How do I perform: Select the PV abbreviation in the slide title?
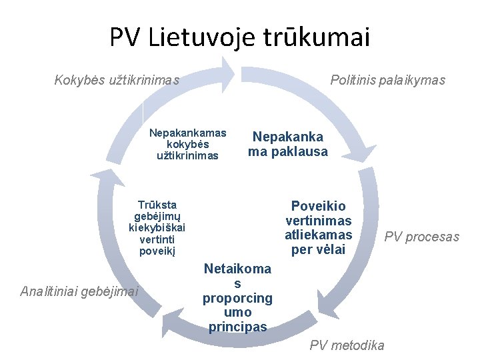pyautogui.click(x=125, y=38)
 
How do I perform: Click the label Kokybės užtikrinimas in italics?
pyautogui.click(x=117, y=81)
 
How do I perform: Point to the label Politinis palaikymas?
pyautogui.click(x=388, y=81)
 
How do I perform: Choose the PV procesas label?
pyautogui.click(x=422, y=237)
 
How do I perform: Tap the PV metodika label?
pyautogui.click(x=347, y=345)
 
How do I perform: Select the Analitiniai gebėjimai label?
pyautogui.click(x=79, y=291)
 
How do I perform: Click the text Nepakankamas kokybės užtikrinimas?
pyautogui.click(x=187, y=144)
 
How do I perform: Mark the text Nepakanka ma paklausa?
pyautogui.click(x=288, y=144)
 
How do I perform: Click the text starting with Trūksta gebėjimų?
pyautogui.click(x=157, y=227)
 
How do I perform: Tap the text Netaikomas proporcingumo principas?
pyautogui.click(x=237, y=298)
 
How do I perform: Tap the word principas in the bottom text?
pyautogui.click(x=237, y=327)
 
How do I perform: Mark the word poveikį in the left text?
pyautogui.click(x=157, y=251)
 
